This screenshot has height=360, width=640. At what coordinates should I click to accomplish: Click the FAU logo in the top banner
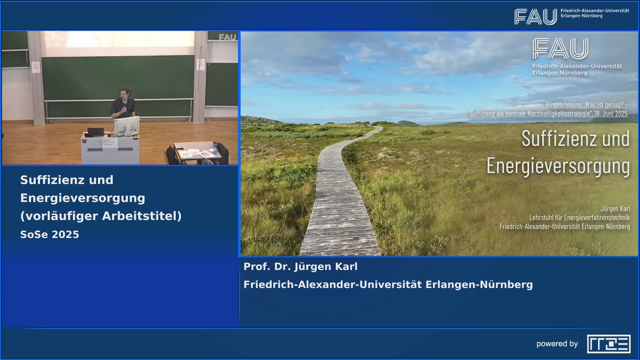click(x=535, y=17)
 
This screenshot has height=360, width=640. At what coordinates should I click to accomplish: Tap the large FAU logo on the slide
click(x=560, y=49)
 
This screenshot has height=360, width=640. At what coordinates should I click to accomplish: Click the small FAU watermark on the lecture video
click(x=228, y=37)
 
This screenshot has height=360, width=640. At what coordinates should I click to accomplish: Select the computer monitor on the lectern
click(x=127, y=125)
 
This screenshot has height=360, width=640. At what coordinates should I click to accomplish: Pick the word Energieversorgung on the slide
click(x=558, y=166)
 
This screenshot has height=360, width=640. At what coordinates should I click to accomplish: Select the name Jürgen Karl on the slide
click(x=615, y=209)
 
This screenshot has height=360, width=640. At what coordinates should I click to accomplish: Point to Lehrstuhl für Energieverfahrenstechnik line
click(x=580, y=218)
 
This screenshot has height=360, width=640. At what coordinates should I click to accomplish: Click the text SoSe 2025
click(x=50, y=235)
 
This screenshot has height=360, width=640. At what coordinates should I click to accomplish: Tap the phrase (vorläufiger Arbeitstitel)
click(x=101, y=216)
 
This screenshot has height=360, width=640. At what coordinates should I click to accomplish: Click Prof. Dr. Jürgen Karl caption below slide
click(x=300, y=267)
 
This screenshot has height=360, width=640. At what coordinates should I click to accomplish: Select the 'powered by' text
click(x=557, y=344)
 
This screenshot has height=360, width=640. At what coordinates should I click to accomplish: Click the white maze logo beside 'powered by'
click(x=609, y=344)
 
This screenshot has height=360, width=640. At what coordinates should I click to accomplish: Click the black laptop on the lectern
click(x=96, y=132)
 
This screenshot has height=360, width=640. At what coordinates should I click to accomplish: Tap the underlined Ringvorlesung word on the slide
click(x=563, y=105)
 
